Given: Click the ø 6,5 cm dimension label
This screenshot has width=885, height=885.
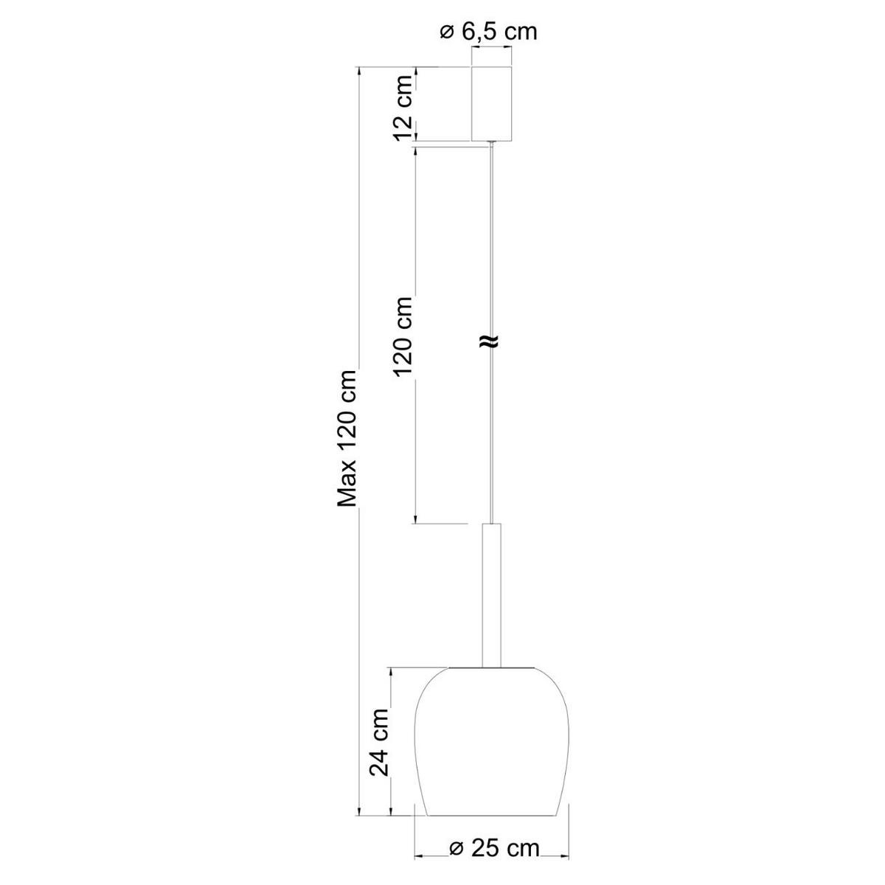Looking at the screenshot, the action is click(488, 32).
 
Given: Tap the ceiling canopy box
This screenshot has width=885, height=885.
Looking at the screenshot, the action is click(491, 104).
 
